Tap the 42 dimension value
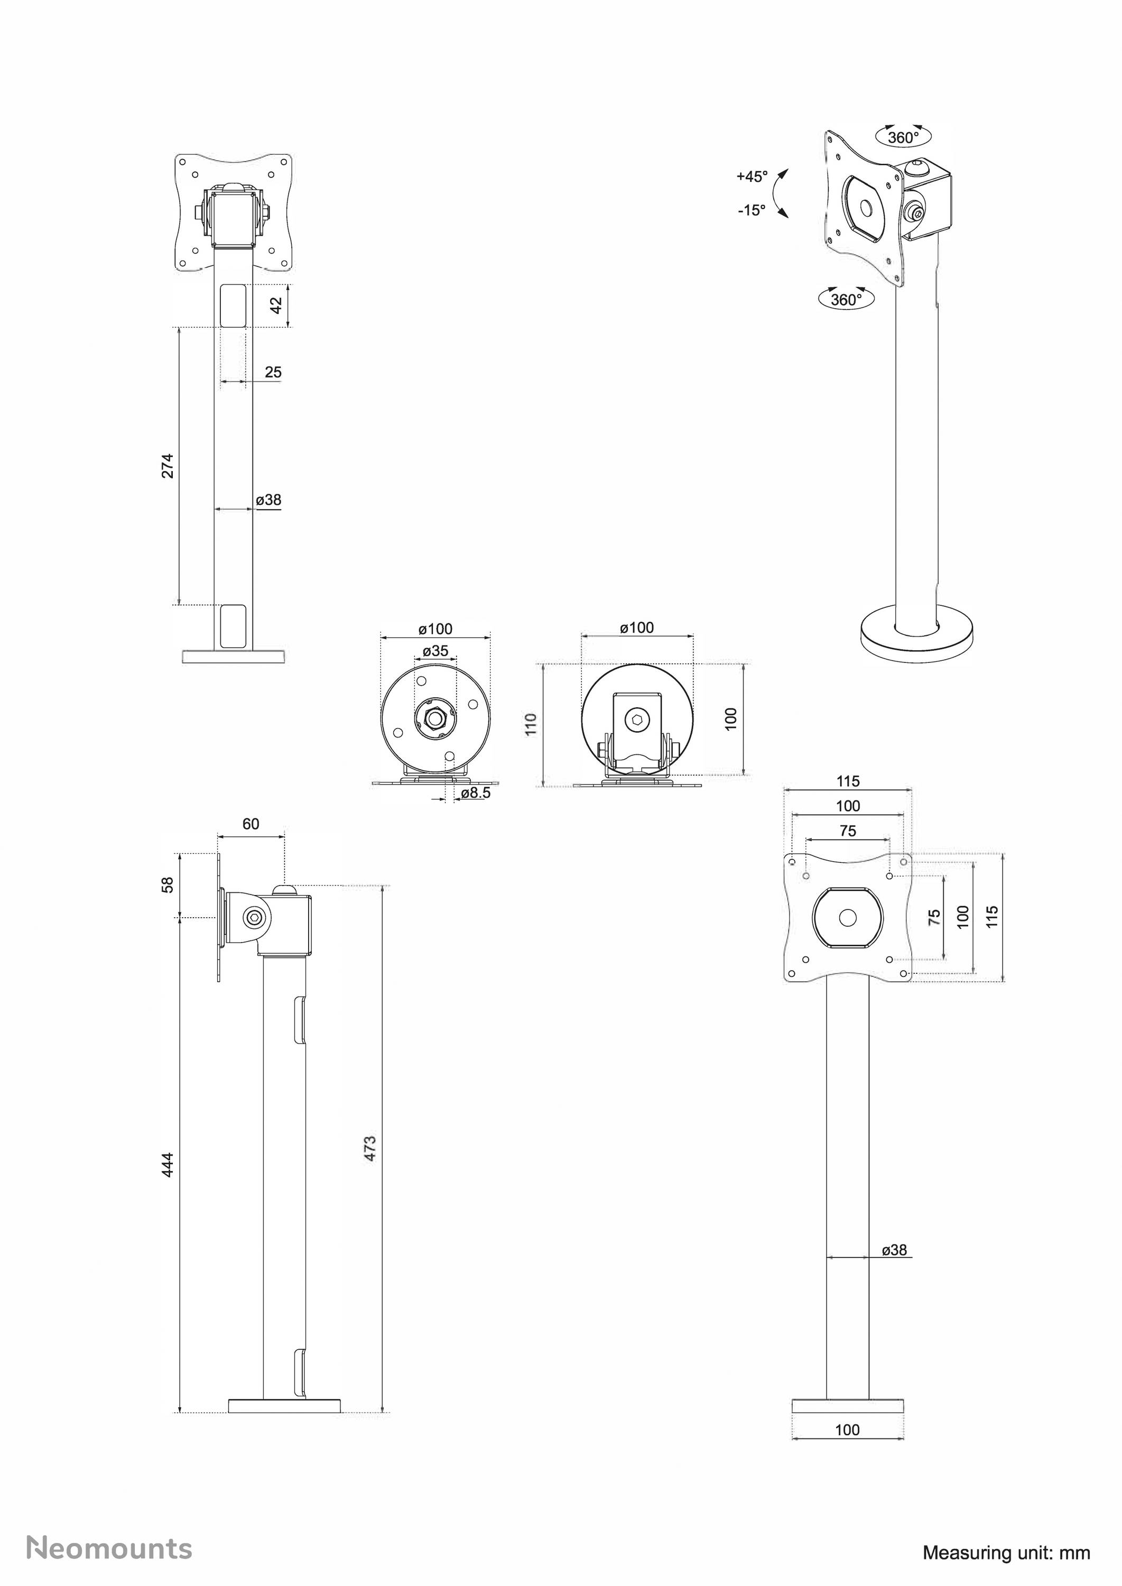click(x=276, y=305)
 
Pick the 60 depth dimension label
click(x=251, y=824)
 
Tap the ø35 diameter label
click(x=435, y=650)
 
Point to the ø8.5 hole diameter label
click(x=475, y=794)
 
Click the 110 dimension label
click(x=531, y=724)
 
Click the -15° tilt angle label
click(x=751, y=210)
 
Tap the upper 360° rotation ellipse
click(x=903, y=137)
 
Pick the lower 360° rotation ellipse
click(x=846, y=299)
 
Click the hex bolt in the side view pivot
click(x=254, y=918)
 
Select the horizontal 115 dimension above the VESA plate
click(x=848, y=781)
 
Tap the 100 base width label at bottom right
click(x=847, y=1430)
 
